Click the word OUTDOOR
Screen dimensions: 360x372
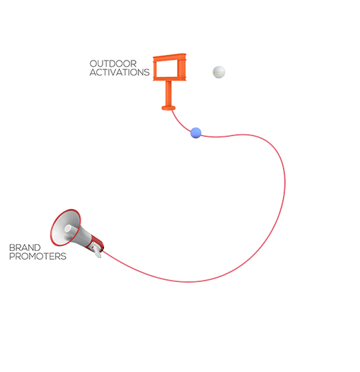tap(113, 63)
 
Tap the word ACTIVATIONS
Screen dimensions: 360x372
tap(120, 72)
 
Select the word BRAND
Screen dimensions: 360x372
tap(25, 248)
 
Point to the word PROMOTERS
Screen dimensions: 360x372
tap(38, 256)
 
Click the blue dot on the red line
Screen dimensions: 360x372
tap(196, 133)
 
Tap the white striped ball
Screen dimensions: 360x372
tap(219, 72)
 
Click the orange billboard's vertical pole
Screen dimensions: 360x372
tap(169, 94)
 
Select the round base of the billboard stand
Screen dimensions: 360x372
tap(169, 108)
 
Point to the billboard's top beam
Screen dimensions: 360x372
tap(169, 57)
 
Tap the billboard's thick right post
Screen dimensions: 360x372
tap(182, 67)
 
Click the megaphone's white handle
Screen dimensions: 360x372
tap(97, 252)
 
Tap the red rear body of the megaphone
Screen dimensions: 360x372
tap(96, 243)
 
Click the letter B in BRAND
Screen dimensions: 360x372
tap(12, 248)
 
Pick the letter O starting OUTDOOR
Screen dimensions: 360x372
tap(94, 63)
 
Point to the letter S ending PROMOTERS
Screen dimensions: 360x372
tap(63, 256)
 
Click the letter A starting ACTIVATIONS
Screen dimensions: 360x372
tap(93, 72)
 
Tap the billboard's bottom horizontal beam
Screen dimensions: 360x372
tap(169, 78)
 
